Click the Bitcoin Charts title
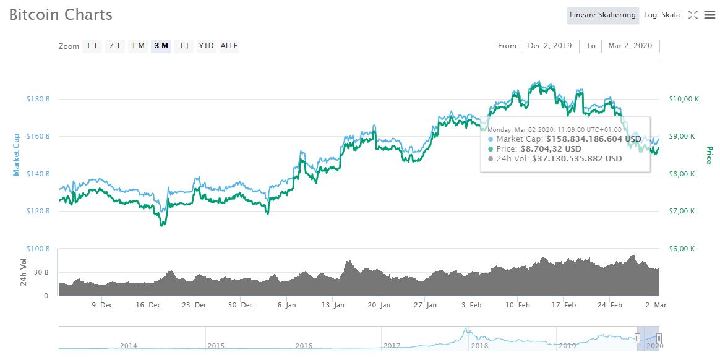click(x=61, y=15)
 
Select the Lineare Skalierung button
click(x=602, y=15)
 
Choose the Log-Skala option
click(x=661, y=15)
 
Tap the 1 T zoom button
click(x=92, y=46)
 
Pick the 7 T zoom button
click(x=115, y=46)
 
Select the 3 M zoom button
click(x=161, y=46)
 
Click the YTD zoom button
click(x=207, y=46)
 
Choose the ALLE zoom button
click(x=229, y=46)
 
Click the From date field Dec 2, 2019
click(x=550, y=46)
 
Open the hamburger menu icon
click(x=709, y=15)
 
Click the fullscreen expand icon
click(x=693, y=15)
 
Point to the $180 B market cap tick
click(x=38, y=99)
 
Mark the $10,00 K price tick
click(x=683, y=99)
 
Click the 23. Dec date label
click(x=195, y=305)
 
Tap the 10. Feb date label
click(x=518, y=305)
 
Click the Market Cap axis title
click(x=17, y=155)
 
